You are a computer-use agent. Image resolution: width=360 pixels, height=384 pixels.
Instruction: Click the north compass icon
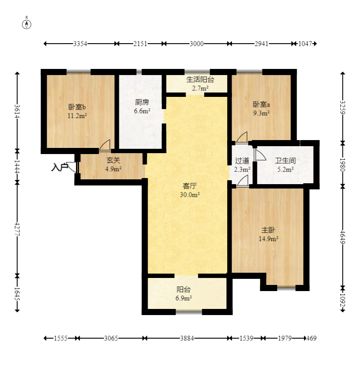coord(27,24)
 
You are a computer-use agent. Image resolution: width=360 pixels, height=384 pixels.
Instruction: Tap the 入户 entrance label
coord(60,168)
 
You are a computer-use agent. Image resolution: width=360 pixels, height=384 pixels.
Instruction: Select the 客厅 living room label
coord(190,186)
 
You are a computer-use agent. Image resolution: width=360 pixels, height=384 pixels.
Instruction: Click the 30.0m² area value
coord(190,195)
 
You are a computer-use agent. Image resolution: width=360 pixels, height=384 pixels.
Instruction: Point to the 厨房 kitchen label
coord(142,102)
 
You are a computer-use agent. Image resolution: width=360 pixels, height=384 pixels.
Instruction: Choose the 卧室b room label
coord(77,107)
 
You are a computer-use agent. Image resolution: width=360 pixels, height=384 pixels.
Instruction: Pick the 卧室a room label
coord(261,104)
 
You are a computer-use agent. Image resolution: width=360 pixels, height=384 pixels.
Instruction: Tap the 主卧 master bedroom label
coord(268,230)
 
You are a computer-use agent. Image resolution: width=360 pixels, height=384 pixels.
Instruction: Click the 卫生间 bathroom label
coord(285,161)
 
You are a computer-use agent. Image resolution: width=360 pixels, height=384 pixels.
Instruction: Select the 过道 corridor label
coord(242,161)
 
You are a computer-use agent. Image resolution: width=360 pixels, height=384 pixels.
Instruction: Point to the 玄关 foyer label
coord(113,160)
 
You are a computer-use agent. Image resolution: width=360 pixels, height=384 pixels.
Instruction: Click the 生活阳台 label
coord(200,79)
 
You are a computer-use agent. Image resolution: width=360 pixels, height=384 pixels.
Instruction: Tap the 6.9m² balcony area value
coord(183,298)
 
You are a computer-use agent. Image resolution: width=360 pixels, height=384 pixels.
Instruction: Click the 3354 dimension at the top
coord(80,44)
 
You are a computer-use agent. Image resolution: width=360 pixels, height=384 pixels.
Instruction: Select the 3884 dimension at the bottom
coord(187,338)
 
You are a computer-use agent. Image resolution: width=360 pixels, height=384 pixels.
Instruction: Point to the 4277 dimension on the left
coord(17,229)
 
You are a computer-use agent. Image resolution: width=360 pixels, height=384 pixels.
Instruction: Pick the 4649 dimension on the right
coord(343,237)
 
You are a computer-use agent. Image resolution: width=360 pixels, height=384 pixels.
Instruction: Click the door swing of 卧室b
coord(105,145)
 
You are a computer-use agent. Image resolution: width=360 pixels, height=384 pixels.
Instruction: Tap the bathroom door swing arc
coord(261,155)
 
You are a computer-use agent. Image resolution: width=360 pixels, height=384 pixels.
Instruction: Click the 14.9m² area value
coord(269,239)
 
